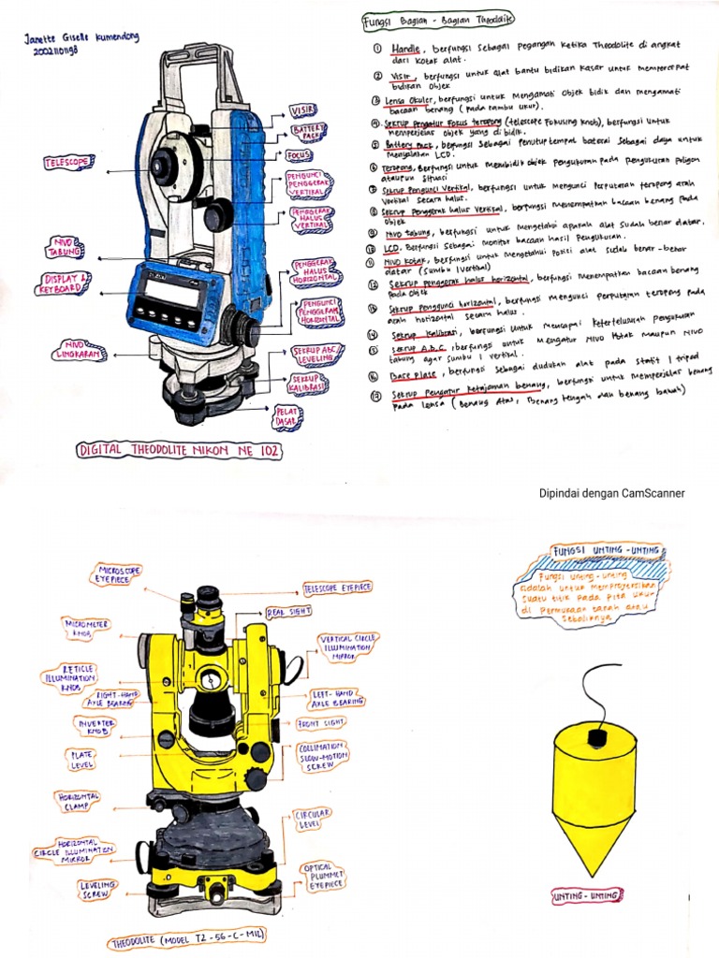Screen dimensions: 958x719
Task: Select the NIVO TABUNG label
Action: click(x=65, y=248)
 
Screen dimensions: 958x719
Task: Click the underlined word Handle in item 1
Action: click(x=405, y=46)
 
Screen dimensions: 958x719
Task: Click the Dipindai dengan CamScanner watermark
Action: click(x=611, y=493)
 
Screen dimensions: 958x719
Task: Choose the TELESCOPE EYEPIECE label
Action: click(x=336, y=588)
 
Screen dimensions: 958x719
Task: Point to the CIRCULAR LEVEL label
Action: click(x=313, y=820)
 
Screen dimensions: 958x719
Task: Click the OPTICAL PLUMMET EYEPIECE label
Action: click(x=323, y=875)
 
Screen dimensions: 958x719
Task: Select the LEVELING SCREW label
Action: click(x=98, y=889)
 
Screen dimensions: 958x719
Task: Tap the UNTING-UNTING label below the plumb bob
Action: click(x=586, y=895)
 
